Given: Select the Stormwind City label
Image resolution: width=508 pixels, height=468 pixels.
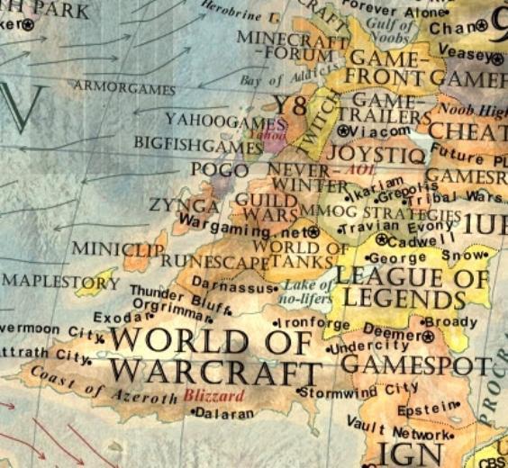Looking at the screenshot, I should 361,389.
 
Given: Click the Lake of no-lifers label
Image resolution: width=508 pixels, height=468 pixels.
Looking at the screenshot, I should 304,291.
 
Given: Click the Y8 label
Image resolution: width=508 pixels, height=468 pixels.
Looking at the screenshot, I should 291,104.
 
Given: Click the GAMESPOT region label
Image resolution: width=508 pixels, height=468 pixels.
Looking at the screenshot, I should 416,364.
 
